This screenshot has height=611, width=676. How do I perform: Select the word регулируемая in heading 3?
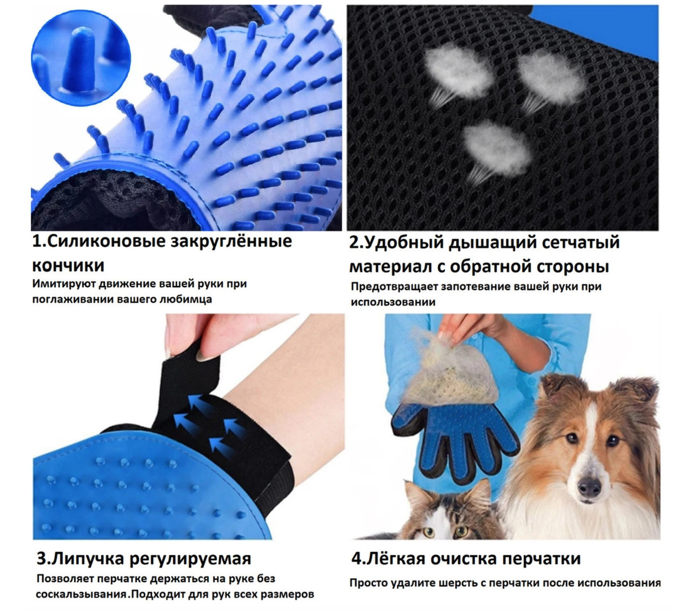[190, 559]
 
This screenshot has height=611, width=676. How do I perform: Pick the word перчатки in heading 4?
[541, 559]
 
